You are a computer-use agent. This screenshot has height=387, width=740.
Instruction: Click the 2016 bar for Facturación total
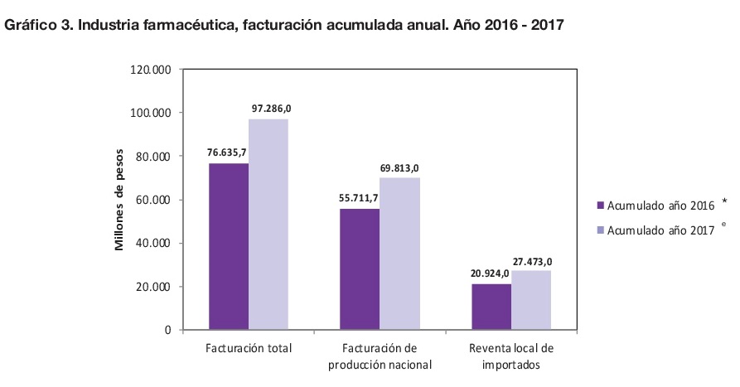pos(229,246)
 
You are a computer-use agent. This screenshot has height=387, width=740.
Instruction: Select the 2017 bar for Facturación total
pos(268,225)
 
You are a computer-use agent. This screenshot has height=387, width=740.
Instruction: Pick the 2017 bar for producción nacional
pos(399,254)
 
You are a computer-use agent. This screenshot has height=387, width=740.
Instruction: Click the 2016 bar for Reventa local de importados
pos(491,307)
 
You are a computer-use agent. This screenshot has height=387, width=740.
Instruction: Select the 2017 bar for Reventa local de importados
pos(531,300)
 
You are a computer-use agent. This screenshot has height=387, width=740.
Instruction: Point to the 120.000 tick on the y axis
pos(150,70)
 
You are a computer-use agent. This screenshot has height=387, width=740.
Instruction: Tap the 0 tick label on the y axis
pos(167,330)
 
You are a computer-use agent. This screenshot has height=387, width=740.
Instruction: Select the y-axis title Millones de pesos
pos(118,199)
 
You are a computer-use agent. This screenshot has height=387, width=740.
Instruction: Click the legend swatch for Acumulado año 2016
pos(600,205)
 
